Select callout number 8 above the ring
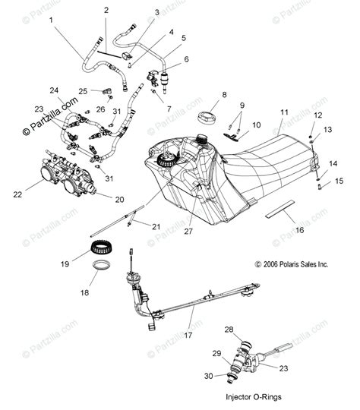[x=203, y=95]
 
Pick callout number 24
[x=54, y=90]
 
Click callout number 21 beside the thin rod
[x=156, y=226]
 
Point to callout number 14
[x=332, y=163]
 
